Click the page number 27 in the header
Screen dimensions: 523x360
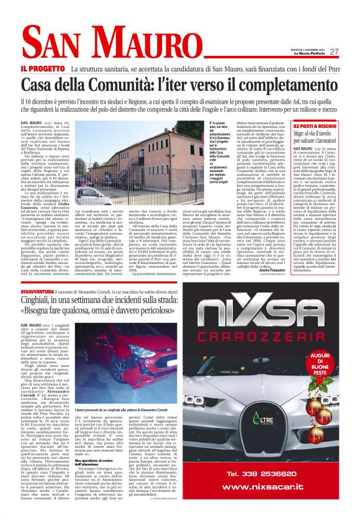(334, 52)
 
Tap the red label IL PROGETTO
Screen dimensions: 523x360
(43, 68)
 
